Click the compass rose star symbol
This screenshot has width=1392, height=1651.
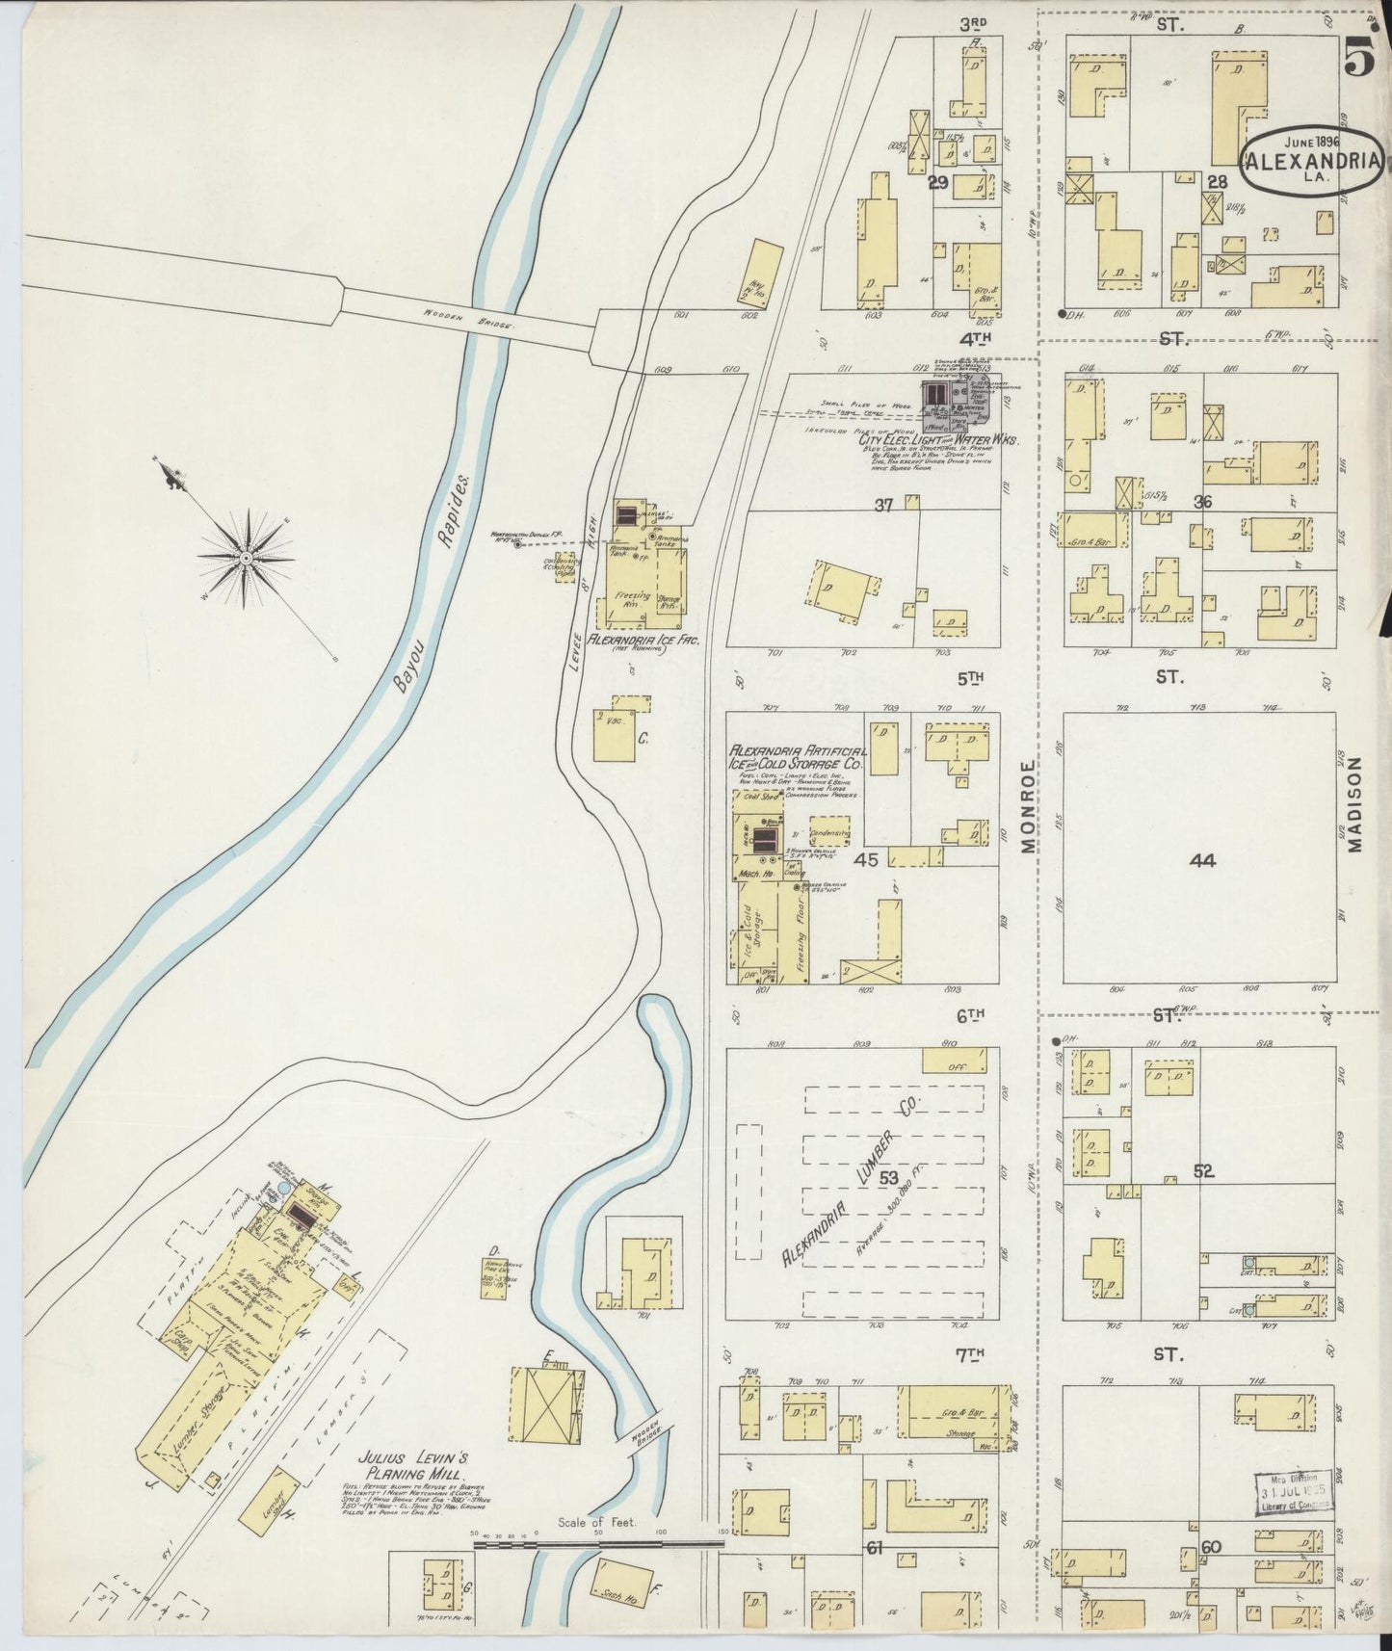246,556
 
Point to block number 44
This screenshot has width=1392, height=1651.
1202,860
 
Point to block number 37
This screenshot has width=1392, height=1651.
883,505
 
